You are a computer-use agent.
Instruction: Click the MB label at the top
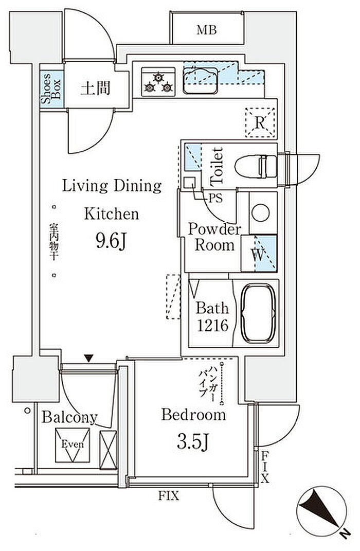click(207, 30)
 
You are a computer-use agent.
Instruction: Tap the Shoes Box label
click(51, 88)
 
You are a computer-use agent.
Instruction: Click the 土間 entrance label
click(95, 88)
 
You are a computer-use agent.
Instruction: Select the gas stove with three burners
click(158, 81)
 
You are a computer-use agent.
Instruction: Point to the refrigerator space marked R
click(260, 122)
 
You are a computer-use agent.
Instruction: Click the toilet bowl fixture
click(256, 167)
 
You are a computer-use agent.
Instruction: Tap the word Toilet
click(217, 166)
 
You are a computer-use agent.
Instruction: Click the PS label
click(215, 199)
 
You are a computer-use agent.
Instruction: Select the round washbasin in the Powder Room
click(261, 213)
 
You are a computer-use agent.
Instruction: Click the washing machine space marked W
click(259, 253)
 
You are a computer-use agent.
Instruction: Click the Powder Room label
click(214, 237)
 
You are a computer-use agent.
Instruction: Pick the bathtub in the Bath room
click(258, 313)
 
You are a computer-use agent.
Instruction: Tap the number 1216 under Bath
click(212, 326)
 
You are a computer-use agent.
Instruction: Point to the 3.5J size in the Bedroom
click(193, 442)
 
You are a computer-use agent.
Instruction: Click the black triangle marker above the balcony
click(89, 359)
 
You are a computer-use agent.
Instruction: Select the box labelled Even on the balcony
click(73, 445)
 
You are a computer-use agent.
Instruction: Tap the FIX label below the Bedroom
click(169, 496)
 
